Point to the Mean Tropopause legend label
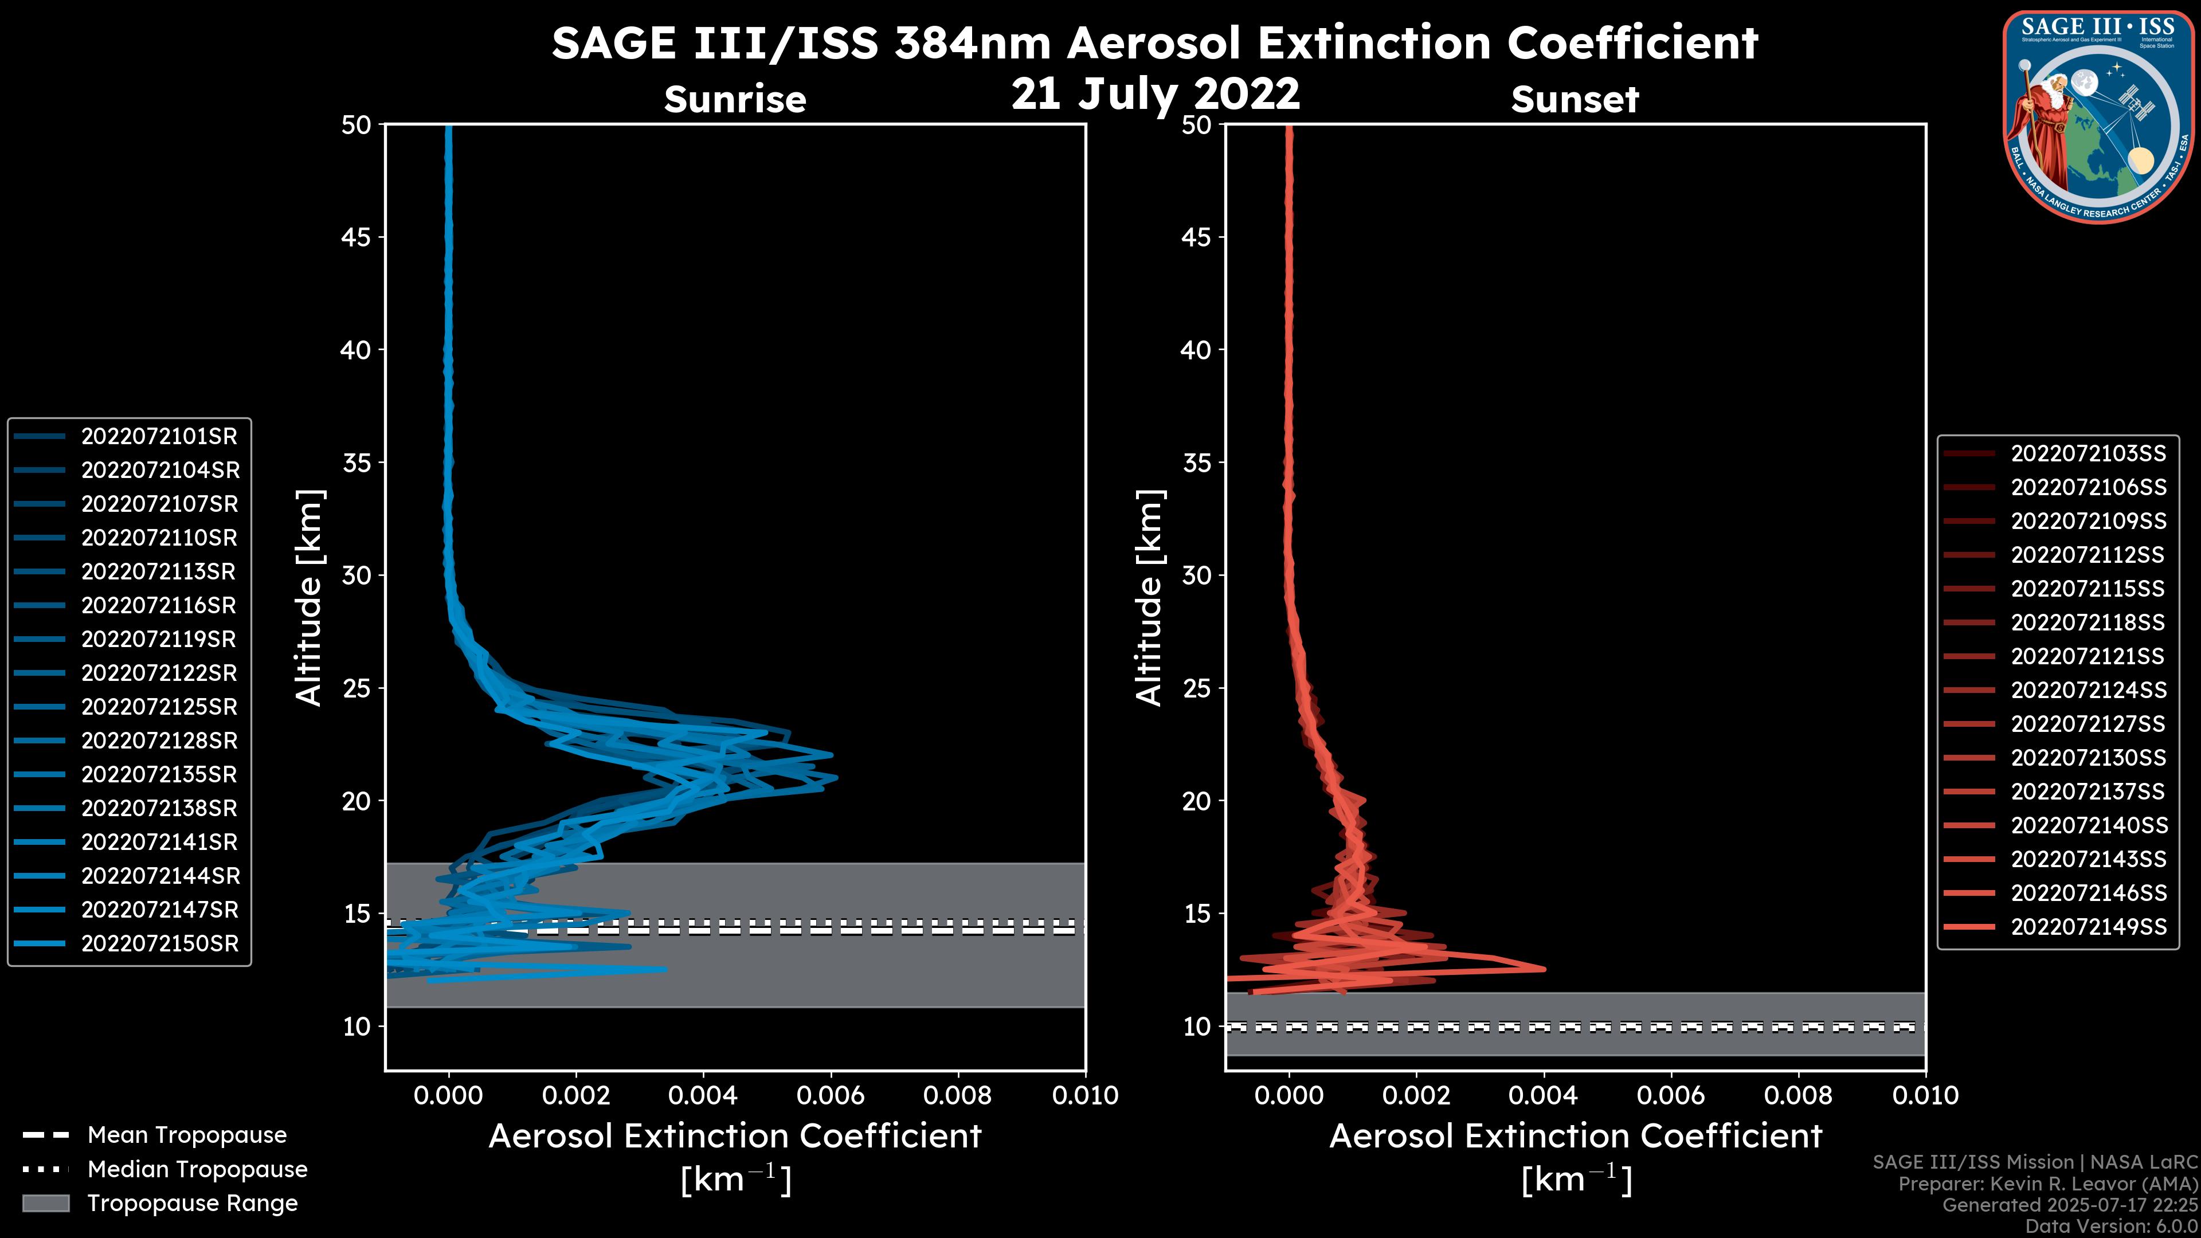point(187,1135)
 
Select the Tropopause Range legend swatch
point(45,1203)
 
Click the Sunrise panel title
point(735,99)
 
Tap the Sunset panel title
point(1575,99)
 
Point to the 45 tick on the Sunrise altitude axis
point(357,237)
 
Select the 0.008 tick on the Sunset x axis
point(1799,1095)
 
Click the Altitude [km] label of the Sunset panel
point(1149,597)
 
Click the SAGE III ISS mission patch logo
point(2098,117)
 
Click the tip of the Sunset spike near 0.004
point(1545,969)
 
